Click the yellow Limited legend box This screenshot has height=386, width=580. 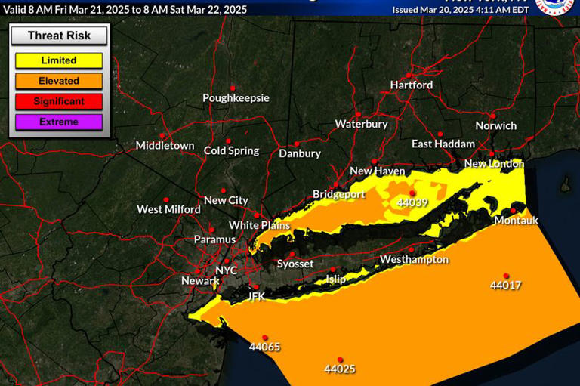[x=58, y=60]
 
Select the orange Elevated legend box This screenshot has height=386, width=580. [x=58, y=81]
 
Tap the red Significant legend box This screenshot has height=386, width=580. [x=58, y=101]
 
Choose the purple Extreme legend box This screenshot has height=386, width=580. [x=58, y=122]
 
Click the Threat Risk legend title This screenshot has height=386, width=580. [x=58, y=36]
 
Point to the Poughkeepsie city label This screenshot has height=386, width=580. [x=236, y=98]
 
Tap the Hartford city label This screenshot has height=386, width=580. [x=412, y=85]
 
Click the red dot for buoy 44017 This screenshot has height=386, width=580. [x=506, y=276]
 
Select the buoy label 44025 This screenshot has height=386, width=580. [x=340, y=369]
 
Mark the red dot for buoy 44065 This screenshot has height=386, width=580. [x=265, y=338]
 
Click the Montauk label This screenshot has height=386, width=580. [x=517, y=221]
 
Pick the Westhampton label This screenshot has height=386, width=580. [x=414, y=260]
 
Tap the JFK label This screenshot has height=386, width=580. [x=257, y=297]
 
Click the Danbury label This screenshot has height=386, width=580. [x=300, y=153]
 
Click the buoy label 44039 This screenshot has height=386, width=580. [x=412, y=203]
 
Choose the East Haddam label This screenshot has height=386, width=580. [x=443, y=144]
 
